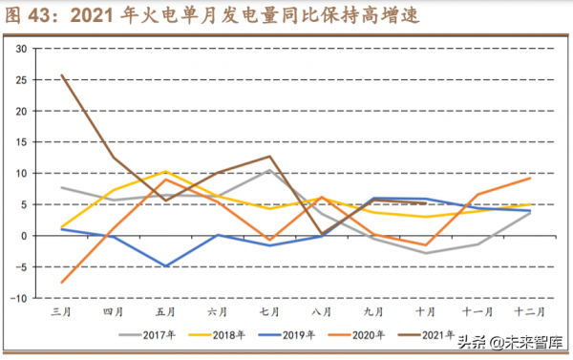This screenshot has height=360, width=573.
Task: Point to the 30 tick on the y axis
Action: click(x=19, y=48)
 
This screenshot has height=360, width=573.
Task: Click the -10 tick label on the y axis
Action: click(x=16, y=298)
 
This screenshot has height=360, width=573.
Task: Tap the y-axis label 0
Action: click(x=22, y=235)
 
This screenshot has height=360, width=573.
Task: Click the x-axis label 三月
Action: click(x=61, y=311)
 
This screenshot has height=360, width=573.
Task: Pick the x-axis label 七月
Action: click(x=269, y=311)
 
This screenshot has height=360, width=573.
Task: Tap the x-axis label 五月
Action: click(x=165, y=311)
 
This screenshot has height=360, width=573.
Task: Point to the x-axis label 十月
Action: click(x=424, y=311)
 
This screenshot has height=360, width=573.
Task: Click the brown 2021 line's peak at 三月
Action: click(x=62, y=74)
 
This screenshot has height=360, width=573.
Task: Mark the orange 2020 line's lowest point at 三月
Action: click(x=62, y=283)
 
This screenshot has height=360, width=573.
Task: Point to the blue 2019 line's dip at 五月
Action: click(x=166, y=266)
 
